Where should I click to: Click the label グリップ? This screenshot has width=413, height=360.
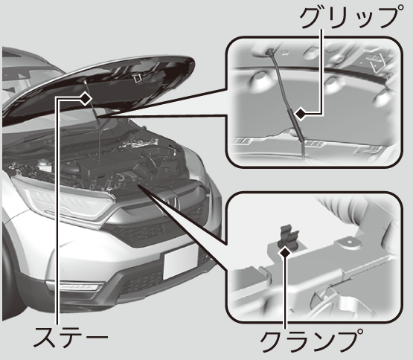(351, 17)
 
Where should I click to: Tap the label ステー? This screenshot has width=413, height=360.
(71, 338)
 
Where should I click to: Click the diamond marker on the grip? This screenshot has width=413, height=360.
(301, 114)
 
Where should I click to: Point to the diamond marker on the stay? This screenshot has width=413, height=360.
(85, 99)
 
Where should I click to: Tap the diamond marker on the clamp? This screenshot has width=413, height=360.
(285, 253)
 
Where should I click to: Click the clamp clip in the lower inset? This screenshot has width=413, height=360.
(289, 237)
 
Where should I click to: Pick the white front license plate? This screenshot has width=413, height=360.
(180, 261)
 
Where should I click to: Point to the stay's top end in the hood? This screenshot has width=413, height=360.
(86, 82)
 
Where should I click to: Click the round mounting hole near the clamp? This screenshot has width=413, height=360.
(349, 242)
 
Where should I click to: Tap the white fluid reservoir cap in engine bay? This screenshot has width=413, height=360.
(42, 161)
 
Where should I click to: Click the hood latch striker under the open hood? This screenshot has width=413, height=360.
(137, 78)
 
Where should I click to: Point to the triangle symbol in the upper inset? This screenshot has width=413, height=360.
(377, 62)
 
